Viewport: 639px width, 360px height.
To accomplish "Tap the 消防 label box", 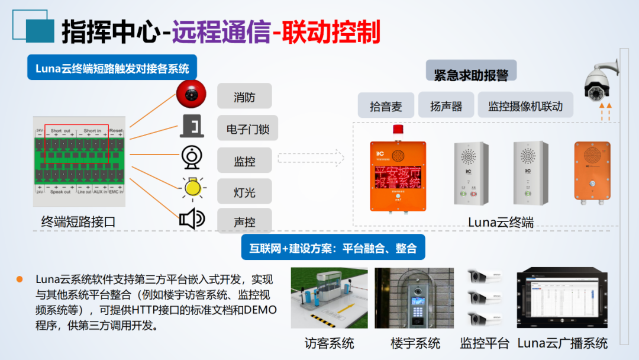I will click(244, 97).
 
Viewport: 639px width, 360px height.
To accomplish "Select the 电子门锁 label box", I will click(244, 128).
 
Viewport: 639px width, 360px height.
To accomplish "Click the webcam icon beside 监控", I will click(192, 158).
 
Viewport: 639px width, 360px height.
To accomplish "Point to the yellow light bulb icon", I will click(192, 188).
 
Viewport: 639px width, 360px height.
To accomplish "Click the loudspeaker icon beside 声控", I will click(192, 220).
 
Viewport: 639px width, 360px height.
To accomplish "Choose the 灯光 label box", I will click(244, 192).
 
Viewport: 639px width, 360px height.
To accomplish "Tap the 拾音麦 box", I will click(386, 106).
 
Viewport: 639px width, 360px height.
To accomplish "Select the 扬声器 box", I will click(446, 106).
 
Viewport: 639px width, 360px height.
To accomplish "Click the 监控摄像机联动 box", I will click(525, 106).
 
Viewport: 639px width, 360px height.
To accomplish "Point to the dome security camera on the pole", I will click(599, 83).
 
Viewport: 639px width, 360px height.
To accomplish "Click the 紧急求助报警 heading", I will click(471, 75).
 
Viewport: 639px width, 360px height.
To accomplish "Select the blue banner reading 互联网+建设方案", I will click(333, 248).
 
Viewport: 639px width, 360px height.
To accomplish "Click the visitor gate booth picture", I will click(329, 298).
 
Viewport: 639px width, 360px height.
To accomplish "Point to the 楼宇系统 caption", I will click(415, 343).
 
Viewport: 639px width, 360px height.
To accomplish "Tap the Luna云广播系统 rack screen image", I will click(562, 300).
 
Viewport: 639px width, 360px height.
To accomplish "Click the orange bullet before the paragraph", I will click(20, 278).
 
